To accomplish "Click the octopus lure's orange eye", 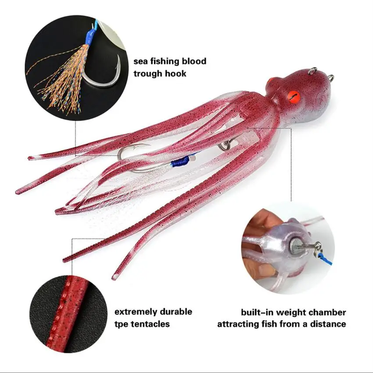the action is pyautogui.click(x=291, y=94).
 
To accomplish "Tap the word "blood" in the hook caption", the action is pyautogui.click(x=193, y=61).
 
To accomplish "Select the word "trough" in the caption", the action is pyautogui.click(x=148, y=74).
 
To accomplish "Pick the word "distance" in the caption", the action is pyautogui.click(x=328, y=324).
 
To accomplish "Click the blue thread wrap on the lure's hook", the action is pyautogui.click(x=180, y=162).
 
